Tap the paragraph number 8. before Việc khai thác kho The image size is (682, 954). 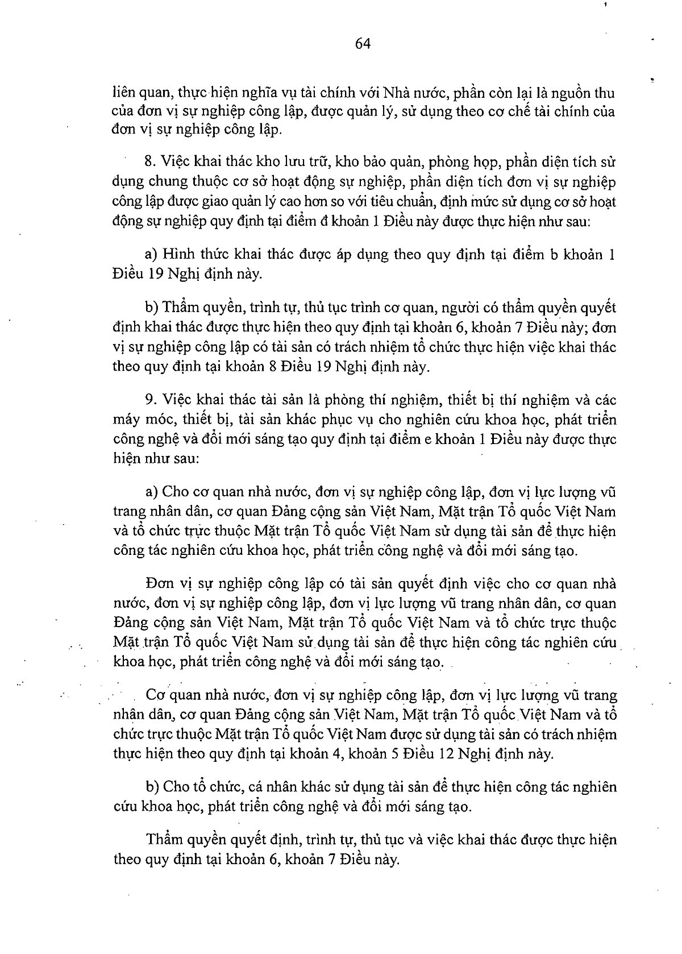(x=150, y=162)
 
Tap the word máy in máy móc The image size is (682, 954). (x=127, y=420)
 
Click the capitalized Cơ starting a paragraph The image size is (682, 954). (x=155, y=695)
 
